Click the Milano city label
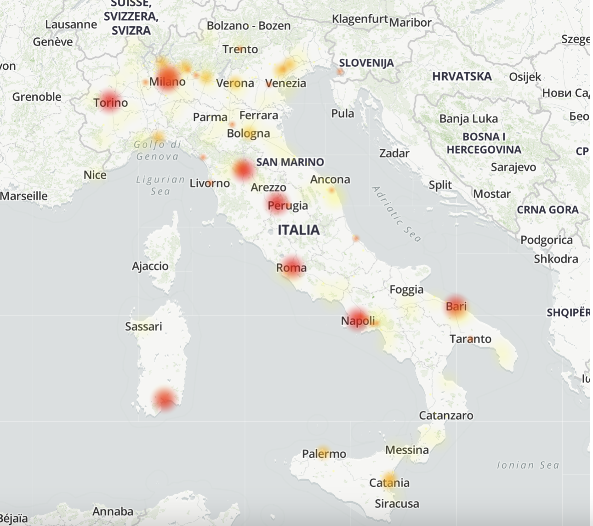pyautogui.click(x=167, y=82)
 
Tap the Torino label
pyautogui.click(x=111, y=103)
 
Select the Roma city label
pyautogui.click(x=291, y=268)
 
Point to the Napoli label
pyautogui.click(x=358, y=320)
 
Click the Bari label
pyautogui.click(x=456, y=306)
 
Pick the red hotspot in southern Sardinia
pyautogui.click(x=165, y=399)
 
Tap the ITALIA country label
pyautogui.click(x=298, y=230)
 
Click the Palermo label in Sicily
pyautogui.click(x=324, y=454)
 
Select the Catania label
pyautogui.click(x=389, y=483)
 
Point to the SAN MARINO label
pyautogui.click(x=290, y=162)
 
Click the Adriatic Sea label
pyautogui.click(x=396, y=214)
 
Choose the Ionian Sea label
pyautogui.click(x=528, y=465)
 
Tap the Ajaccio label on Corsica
pyautogui.click(x=150, y=266)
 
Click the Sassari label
pyautogui.click(x=143, y=326)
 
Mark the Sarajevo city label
pyautogui.click(x=513, y=167)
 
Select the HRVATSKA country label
pyautogui.click(x=462, y=76)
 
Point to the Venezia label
pyautogui.click(x=285, y=83)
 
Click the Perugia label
pyautogui.click(x=288, y=205)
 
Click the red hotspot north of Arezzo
pyautogui.click(x=243, y=169)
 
